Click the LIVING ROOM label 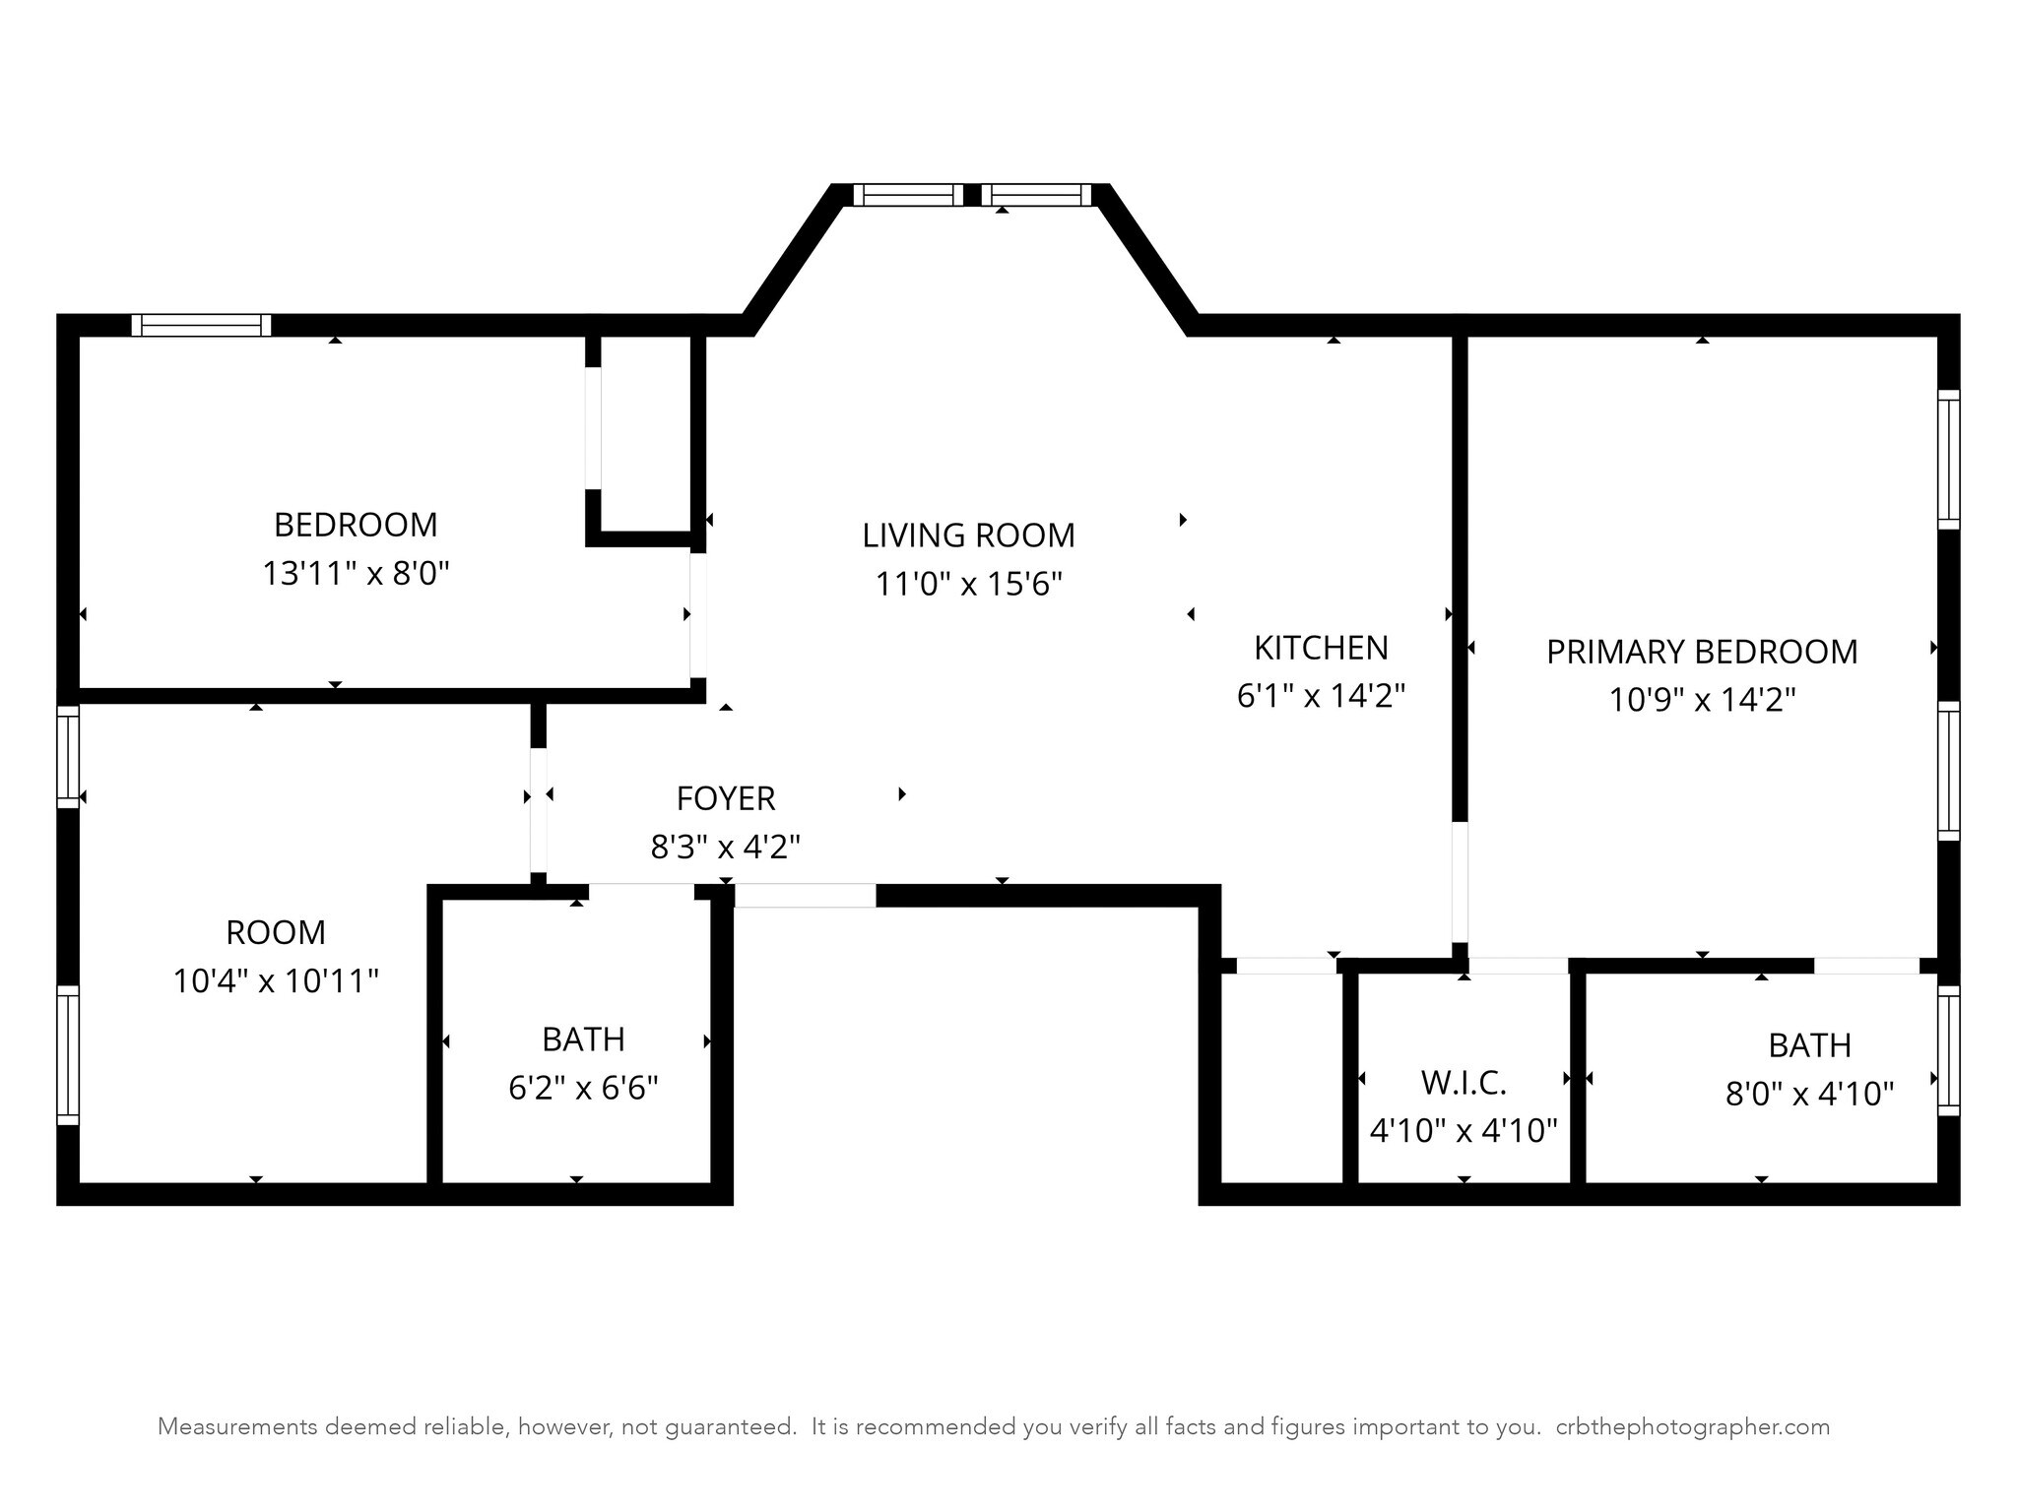point(968,535)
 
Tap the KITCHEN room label point(1321,648)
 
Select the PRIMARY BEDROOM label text point(1702,652)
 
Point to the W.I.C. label point(1464,1083)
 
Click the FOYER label point(726,798)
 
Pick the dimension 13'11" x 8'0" point(356,573)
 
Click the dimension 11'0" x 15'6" point(969,584)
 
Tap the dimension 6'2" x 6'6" point(583,1088)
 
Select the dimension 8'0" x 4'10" point(1810,1094)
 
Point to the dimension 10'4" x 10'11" point(276,980)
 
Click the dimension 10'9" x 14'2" point(1702,700)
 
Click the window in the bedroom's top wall point(201,325)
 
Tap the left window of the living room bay point(908,195)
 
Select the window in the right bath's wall point(1948,1050)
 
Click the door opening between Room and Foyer point(538,809)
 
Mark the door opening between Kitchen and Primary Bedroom point(1460,882)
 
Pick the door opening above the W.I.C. point(1519,966)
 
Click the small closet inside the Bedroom point(645,433)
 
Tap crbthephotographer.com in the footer point(1693,1426)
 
